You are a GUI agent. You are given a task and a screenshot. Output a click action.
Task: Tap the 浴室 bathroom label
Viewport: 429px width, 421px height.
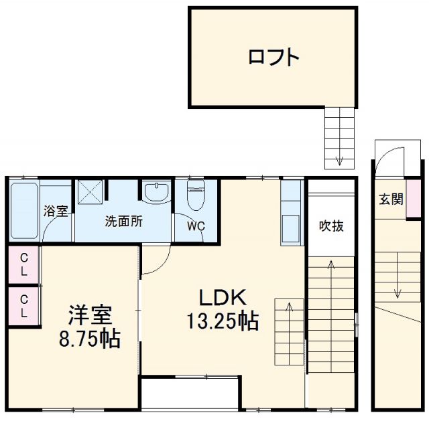(x=56, y=212)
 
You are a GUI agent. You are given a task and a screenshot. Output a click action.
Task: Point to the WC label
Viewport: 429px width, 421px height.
(x=195, y=226)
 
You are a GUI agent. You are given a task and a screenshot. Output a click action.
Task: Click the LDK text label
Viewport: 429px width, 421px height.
(x=223, y=297)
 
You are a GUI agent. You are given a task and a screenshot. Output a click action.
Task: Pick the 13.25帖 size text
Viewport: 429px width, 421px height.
(x=223, y=322)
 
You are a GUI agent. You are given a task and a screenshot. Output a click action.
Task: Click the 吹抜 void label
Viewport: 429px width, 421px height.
(x=331, y=226)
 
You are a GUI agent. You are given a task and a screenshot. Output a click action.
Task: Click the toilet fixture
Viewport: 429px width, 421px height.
(x=196, y=195)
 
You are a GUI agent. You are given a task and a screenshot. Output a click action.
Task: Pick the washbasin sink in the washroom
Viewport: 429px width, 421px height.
(x=157, y=191)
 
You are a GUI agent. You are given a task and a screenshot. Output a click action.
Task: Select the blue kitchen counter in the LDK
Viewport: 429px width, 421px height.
(x=292, y=213)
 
